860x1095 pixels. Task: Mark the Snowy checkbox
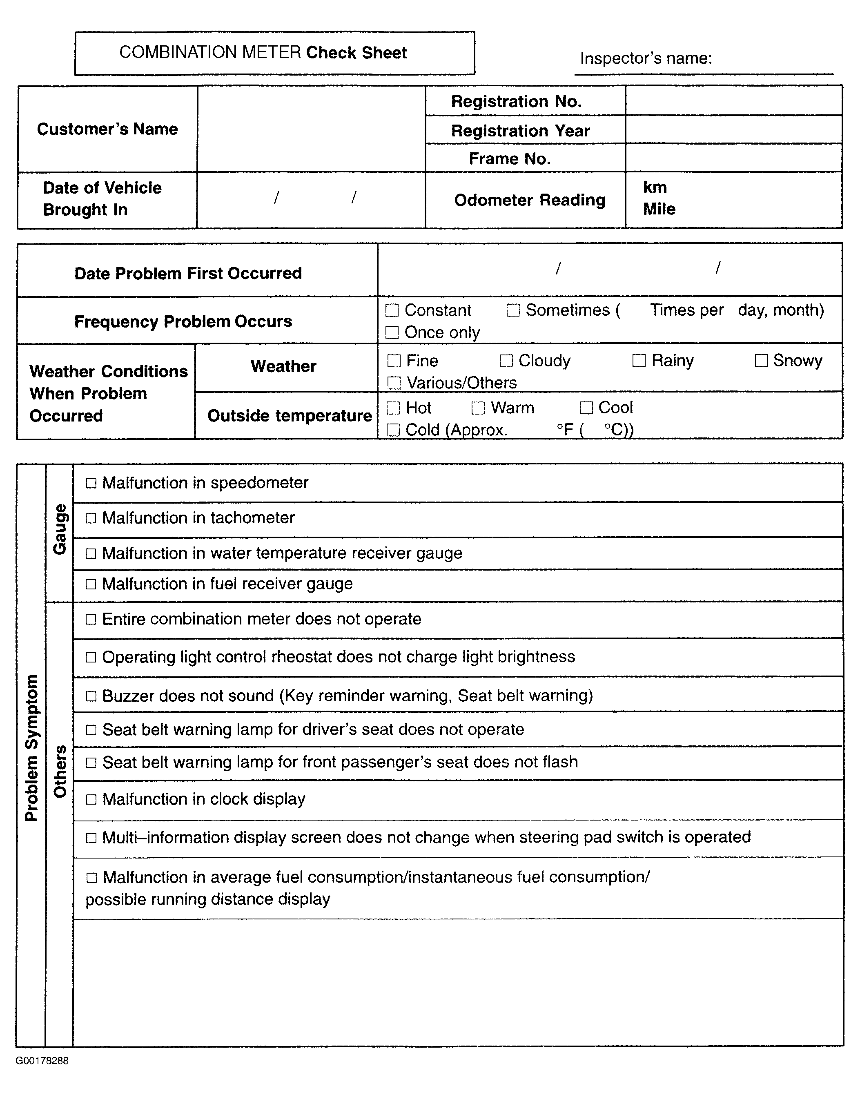pyautogui.click(x=761, y=361)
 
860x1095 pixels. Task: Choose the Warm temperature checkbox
pyautogui.click(x=478, y=408)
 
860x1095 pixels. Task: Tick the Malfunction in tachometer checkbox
pyautogui.click(x=91, y=518)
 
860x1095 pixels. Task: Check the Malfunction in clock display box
pyautogui.click(x=91, y=799)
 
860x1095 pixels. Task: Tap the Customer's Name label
pyautogui.click(x=107, y=129)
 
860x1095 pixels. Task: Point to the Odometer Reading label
pyautogui.click(x=530, y=200)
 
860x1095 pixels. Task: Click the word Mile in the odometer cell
pyautogui.click(x=659, y=209)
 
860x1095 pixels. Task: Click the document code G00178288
pyautogui.click(x=42, y=1061)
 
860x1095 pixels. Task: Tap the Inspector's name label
pyautogui.click(x=646, y=58)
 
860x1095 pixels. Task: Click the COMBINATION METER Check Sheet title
pyautogui.click(x=263, y=52)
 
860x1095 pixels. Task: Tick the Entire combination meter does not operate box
pyautogui.click(x=91, y=620)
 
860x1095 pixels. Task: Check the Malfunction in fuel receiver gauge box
pyautogui.click(x=91, y=584)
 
